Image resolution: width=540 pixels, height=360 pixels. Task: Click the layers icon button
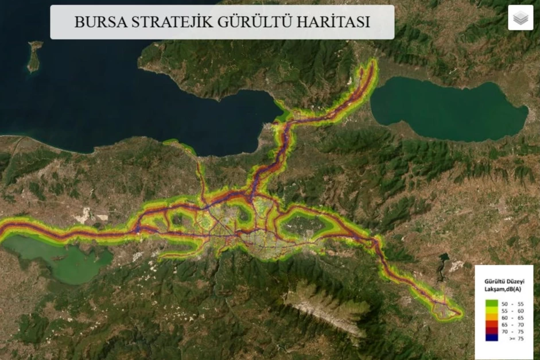tap(520, 18)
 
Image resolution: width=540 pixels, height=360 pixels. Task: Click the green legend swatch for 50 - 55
tap(491, 303)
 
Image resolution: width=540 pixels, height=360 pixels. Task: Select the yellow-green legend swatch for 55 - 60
tap(491, 310)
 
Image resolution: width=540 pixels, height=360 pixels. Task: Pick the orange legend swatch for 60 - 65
tap(491, 317)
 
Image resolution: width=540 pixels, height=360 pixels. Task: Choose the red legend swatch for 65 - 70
tap(491, 324)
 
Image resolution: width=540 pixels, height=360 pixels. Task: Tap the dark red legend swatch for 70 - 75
tap(491, 331)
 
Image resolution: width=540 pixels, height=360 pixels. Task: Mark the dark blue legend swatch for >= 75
tap(491, 338)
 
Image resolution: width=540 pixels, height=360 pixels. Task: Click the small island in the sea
tap(34, 56)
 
